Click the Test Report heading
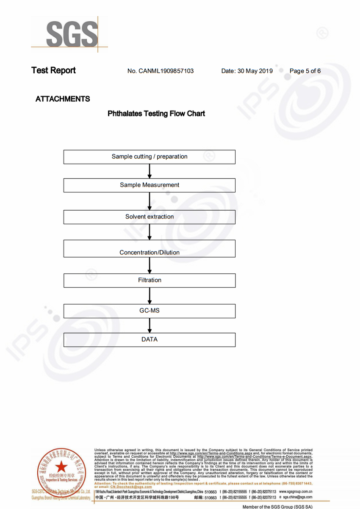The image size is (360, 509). pyautogui.click(x=53, y=70)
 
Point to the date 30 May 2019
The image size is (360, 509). pyautogui.click(x=247, y=71)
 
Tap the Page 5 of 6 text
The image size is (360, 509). pyautogui.click(x=305, y=71)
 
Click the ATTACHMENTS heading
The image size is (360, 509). pyautogui.click(x=63, y=99)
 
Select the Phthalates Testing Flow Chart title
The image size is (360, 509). pyautogui.click(x=156, y=114)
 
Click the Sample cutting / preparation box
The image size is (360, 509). pyautogui.click(x=150, y=157)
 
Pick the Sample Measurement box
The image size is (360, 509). pyautogui.click(x=150, y=185)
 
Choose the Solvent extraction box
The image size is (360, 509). pyautogui.click(x=150, y=217)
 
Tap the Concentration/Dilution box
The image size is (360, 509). pyautogui.click(x=150, y=249)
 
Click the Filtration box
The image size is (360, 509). pyautogui.click(x=150, y=281)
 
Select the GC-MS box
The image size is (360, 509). pyautogui.click(x=150, y=311)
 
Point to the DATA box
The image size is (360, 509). pyautogui.click(x=150, y=340)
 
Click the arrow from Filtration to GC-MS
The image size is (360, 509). pyautogui.click(x=150, y=296)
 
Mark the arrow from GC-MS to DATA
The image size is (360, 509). pyautogui.click(x=150, y=325)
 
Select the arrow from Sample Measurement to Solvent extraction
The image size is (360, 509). pyautogui.click(x=150, y=201)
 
